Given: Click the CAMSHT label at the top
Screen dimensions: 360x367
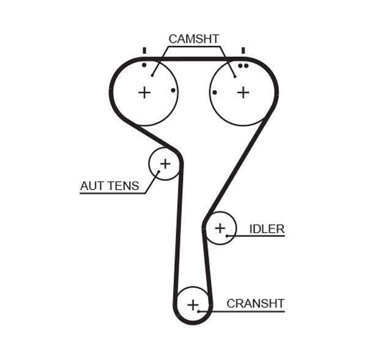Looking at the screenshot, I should pyautogui.click(x=193, y=39).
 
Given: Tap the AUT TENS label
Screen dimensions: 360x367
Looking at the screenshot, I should pyautogui.click(x=109, y=186).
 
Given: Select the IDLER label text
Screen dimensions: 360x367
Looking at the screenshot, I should pyautogui.click(x=267, y=229).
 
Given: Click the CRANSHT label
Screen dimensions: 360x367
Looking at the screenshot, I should pyautogui.click(x=255, y=303).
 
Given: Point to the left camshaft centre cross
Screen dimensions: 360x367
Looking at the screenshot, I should pyautogui.click(x=144, y=92).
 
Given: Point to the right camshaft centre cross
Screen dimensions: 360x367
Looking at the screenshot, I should pyautogui.click(x=243, y=92).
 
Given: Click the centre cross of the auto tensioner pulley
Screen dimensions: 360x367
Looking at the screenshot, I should pyautogui.click(x=165, y=164).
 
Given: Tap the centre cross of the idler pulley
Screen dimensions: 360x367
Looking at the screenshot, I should pyautogui.click(x=220, y=228).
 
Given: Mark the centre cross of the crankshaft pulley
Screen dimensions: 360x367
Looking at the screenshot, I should pyautogui.click(x=193, y=304).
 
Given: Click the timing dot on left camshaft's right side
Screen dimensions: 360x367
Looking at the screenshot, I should pyautogui.click(x=173, y=90).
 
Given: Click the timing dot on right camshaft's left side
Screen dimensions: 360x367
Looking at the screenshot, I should pyautogui.click(x=215, y=92).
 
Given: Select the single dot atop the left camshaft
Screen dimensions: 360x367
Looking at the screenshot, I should pyautogui.click(x=144, y=65).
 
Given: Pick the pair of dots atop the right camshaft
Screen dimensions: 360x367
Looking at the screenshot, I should pyautogui.click(x=243, y=65).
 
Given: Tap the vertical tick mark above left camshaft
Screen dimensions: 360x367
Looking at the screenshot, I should pyautogui.click(x=144, y=50).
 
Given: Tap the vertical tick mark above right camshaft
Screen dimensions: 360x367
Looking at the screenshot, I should pyautogui.click(x=243, y=50).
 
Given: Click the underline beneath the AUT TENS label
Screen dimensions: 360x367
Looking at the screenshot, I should pyautogui.click(x=113, y=193).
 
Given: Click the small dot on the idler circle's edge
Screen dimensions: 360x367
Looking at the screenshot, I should pyautogui.click(x=226, y=235).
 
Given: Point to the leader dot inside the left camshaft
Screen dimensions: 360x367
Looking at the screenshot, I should pyautogui.click(x=152, y=76).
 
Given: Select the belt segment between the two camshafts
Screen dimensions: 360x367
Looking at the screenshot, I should pyautogui.click(x=193, y=59).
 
